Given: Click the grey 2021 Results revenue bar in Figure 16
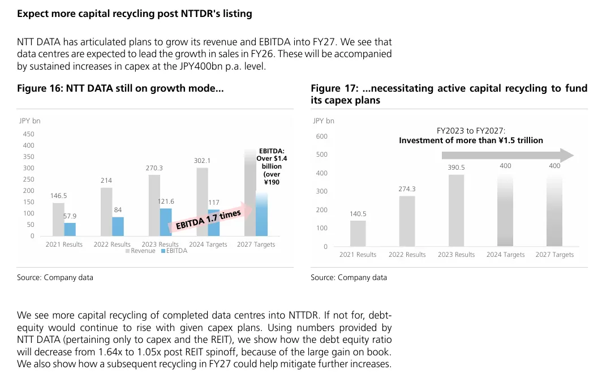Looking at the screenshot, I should [58, 220].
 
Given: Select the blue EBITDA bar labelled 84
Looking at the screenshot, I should [118, 226].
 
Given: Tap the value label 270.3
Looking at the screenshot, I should [154, 168].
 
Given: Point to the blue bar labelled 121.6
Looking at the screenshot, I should [166, 222].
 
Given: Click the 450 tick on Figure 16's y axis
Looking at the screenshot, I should [28, 134].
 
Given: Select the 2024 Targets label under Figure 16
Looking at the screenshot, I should [208, 244].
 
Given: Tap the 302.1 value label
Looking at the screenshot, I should [202, 161].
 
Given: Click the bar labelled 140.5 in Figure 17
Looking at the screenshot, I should [358, 233].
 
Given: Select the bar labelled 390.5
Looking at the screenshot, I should [456, 210].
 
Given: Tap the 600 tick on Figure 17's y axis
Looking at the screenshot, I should [321, 136].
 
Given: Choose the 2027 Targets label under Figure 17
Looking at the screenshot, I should [554, 255].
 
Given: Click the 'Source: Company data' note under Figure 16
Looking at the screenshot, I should [55, 277].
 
